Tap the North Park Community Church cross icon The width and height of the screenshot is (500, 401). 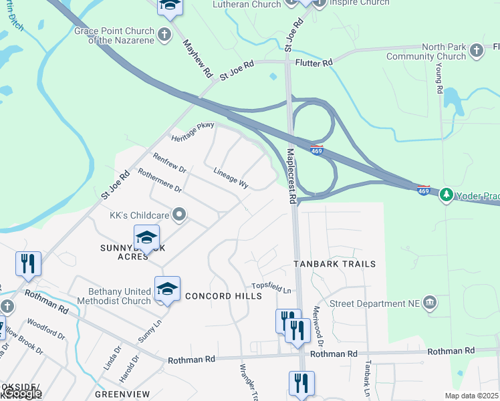476,50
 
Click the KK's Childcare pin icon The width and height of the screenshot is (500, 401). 178,215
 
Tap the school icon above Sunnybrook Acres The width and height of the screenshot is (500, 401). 147,237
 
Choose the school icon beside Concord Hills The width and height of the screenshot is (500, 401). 167,288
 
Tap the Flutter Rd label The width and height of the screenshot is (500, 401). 314,63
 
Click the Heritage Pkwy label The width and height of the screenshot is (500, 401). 193,131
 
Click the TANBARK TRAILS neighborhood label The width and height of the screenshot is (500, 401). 335,264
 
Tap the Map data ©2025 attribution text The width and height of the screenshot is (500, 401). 471,396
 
